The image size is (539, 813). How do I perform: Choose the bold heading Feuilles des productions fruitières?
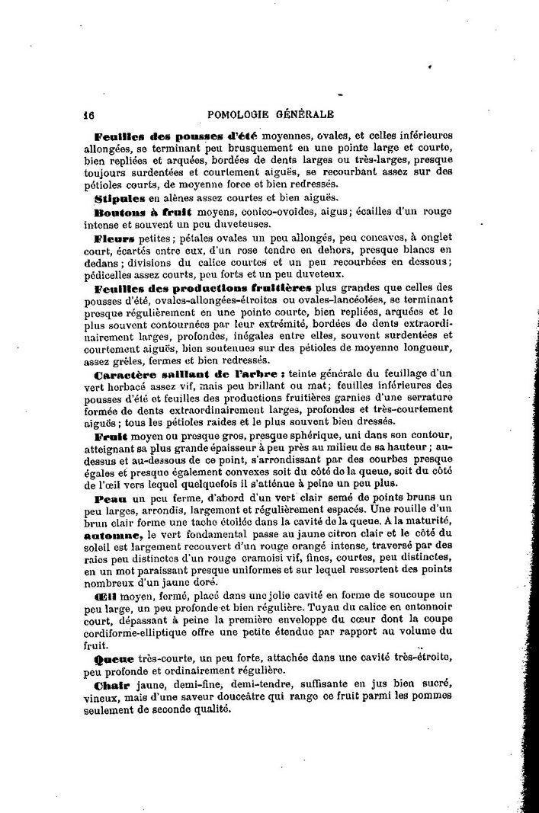point(203,288)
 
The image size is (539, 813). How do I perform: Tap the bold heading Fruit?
point(110,437)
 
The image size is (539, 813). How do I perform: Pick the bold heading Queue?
point(114,657)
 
